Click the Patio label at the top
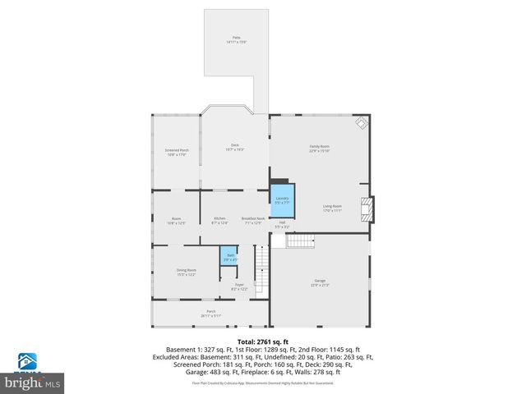click(x=236, y=39)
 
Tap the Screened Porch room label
click(x=177, y=152)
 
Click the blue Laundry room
click(x=281, y=199)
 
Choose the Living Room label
click(x=332, y=208)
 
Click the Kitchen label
click(x=219, y=219)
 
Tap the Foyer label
click(x=239, y=286)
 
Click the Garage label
click(x=321, y=283)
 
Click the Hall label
click(x=281, y=224)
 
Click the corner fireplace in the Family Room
click(x=360, y=123)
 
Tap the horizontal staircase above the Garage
click(x=301, y=240)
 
